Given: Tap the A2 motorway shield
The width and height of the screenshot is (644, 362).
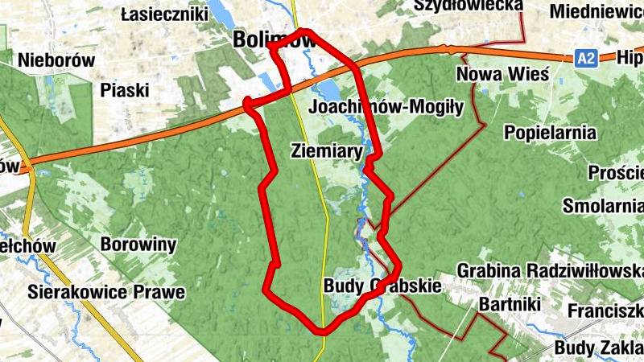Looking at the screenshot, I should point(587,58).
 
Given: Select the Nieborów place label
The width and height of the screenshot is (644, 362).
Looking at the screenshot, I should point(56,60).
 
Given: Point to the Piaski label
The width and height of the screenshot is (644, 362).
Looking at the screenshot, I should point(125,90).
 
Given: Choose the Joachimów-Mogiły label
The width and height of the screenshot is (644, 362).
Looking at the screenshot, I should point(386,107).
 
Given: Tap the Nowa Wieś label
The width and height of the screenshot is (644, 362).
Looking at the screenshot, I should point(502,75).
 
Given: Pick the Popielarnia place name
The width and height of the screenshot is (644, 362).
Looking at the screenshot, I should point(551,133).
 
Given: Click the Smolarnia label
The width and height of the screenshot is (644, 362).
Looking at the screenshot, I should point(603,205).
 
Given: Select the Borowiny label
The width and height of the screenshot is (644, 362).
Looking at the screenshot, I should point(139,243).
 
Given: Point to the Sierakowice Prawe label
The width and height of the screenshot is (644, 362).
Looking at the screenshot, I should point(105,290).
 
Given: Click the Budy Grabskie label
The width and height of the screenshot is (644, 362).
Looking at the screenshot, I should point(382,286).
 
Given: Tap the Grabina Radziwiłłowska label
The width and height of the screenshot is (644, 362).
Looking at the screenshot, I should point(550,269).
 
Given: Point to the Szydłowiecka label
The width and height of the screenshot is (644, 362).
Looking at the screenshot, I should point(468,6).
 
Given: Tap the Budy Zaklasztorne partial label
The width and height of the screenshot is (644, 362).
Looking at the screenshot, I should point(599,348).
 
